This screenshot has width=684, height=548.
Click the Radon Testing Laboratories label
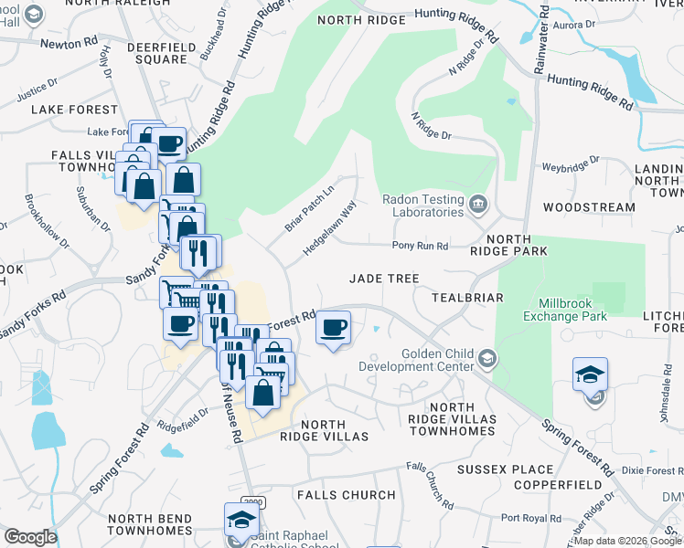(423, 205)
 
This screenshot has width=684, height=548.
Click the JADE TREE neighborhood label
(384, 279)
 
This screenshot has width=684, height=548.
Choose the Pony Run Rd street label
(420, 246)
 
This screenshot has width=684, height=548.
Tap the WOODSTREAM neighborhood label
(588, 207)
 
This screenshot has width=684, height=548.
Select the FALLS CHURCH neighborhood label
(347, 495)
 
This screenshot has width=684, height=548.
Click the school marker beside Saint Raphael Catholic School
(241, 521)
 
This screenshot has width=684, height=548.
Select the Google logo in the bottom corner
(30, 537)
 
